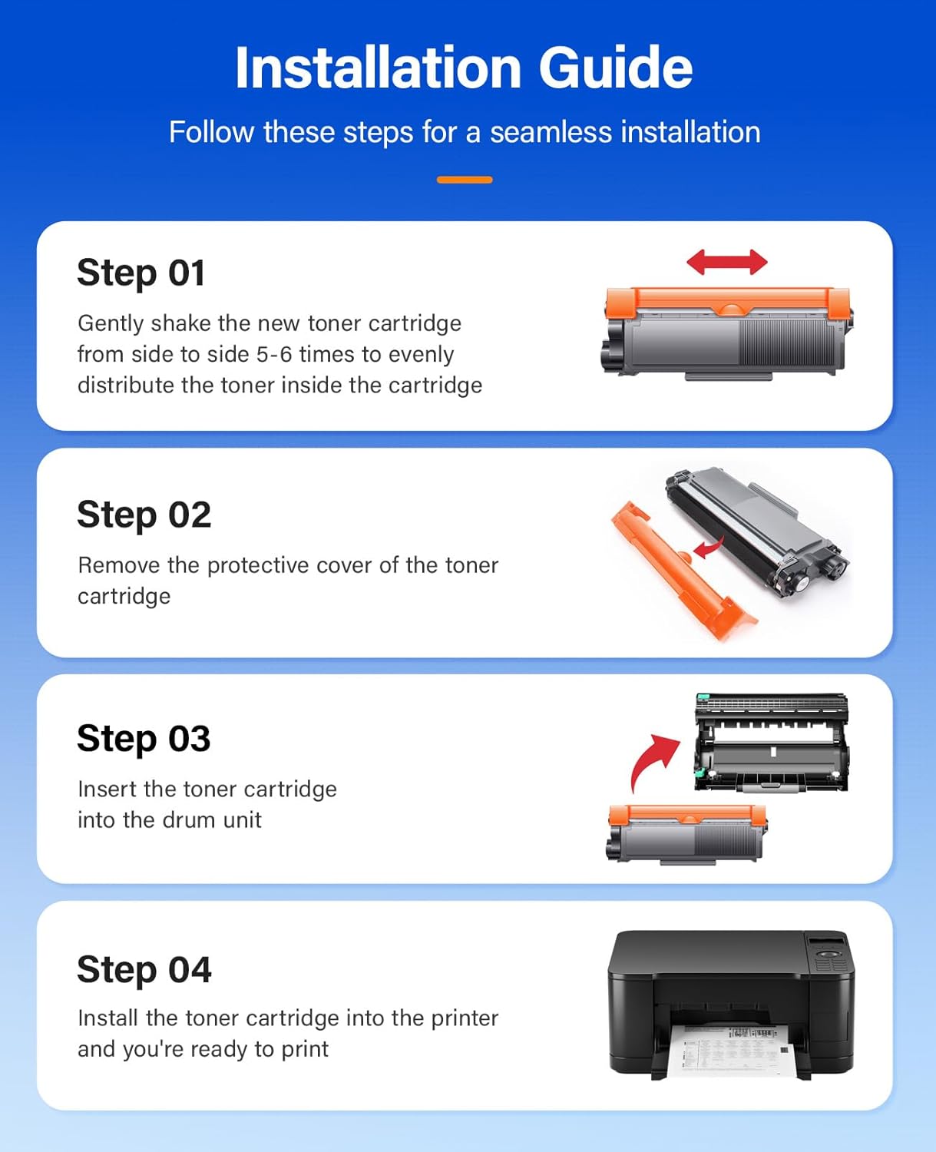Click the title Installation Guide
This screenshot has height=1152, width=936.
click(x=464, y=68)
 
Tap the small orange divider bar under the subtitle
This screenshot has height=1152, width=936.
click(x=465, y=180)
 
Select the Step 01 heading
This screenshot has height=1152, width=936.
click(x=141, y=273)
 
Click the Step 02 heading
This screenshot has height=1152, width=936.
click(x=144, y=515)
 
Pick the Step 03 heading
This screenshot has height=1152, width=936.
click(x=144, y=739)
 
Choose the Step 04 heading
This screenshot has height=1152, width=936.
click(x=144, y=969)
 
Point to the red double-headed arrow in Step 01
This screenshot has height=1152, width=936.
click(x=726, y=262)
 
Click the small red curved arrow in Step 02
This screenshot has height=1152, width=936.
click(x=708, y=548)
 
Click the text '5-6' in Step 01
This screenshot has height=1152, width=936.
click(x=274, y=354)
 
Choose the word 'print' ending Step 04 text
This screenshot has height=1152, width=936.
click(x=305, y=1049)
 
